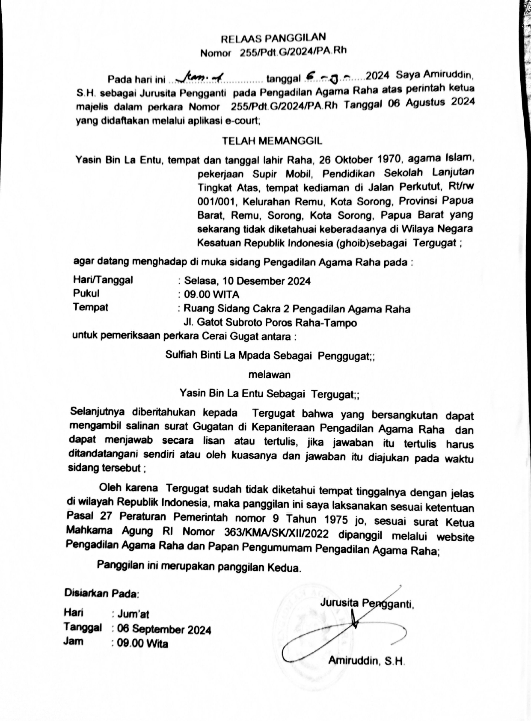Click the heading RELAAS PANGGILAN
click(273, 39)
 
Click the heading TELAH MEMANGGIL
click(272, 141)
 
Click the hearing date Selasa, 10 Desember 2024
click(247, 281)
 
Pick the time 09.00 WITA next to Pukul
click(211, 295)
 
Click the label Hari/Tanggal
click(103, 280)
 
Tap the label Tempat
click(90, 307)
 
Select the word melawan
click(270, 375)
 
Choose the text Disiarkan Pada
click(101, 593)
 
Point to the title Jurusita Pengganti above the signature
click(366, 603)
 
